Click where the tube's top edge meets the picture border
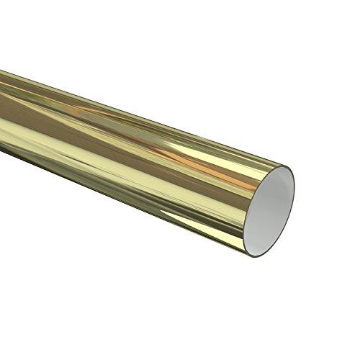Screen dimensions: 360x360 coord(1,70)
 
